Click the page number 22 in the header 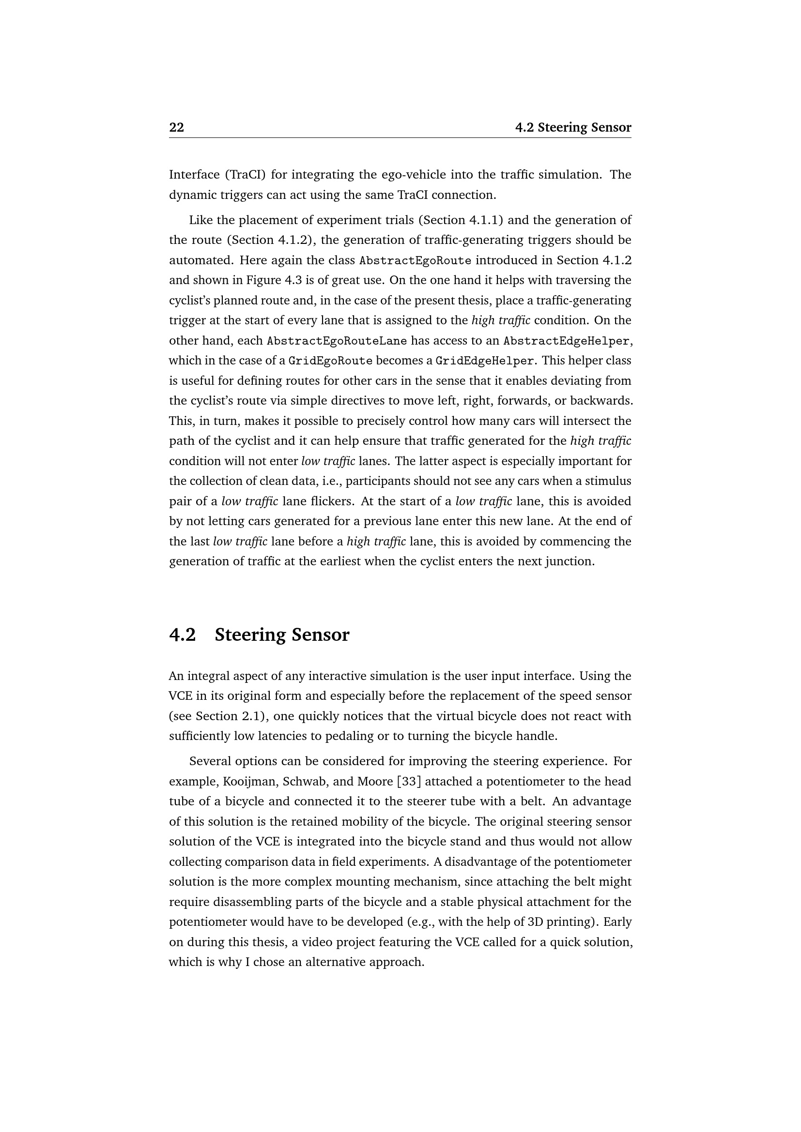pyautogui.click(x=177, y=128)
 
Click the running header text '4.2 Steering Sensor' pyautogui.click(x=573, y=128)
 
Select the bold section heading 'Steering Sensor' pyautogui.click(x=282, y=634)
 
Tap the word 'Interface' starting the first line pyautogui.click(x=194, y=175)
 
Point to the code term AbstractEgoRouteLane pyautogui.click(x=337, y=341)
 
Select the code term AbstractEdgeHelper pyautogui.click(x=566, y=341)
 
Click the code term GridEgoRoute pyautogui.click(x=330, y=361)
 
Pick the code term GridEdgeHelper pyautogui.click(x=484, y=361)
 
